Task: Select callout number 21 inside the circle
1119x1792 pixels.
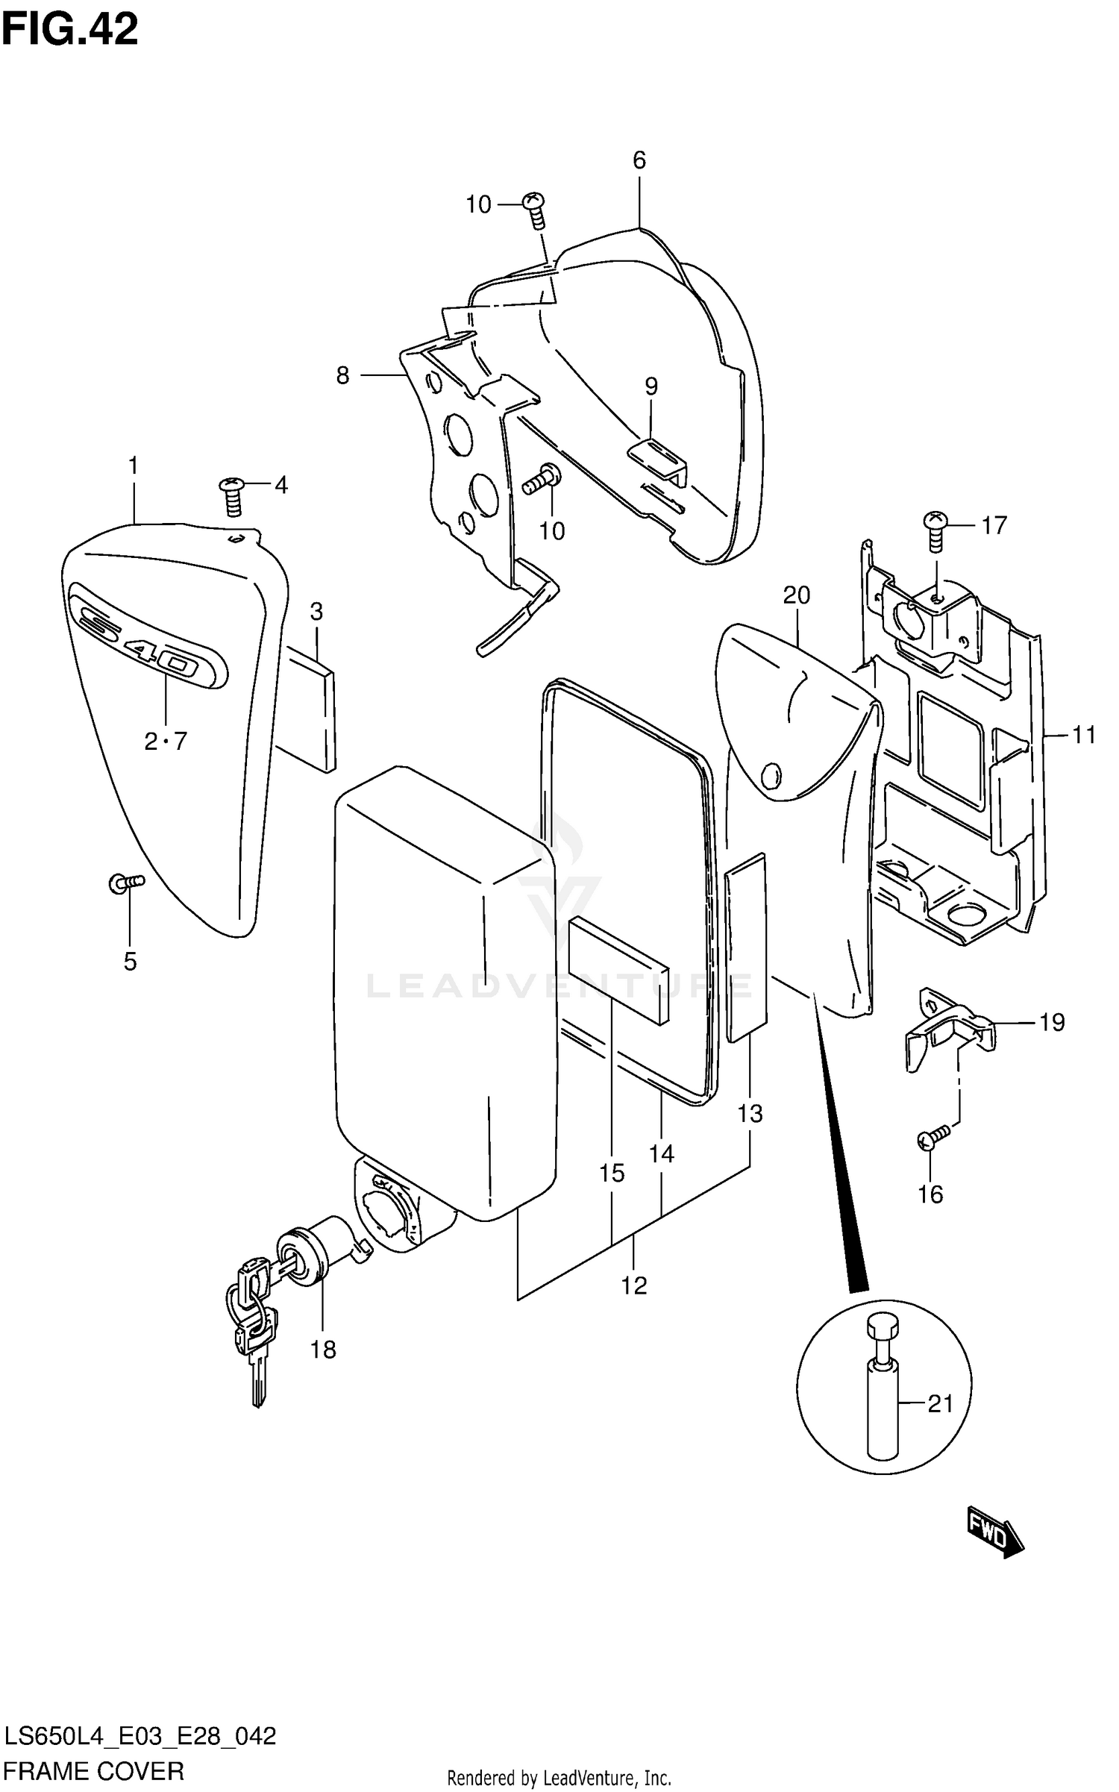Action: (x=940, y=1404)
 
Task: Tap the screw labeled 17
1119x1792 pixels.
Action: (x=935, y=530)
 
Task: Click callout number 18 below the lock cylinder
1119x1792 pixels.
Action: (x=323, y=1349)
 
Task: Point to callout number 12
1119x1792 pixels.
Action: (x=634, y=1285)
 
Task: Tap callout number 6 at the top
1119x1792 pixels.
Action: (x=639, y=160)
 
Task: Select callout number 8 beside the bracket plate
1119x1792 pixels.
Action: (x=342, y=375)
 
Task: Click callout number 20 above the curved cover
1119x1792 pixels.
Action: (x=796, y=595)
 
